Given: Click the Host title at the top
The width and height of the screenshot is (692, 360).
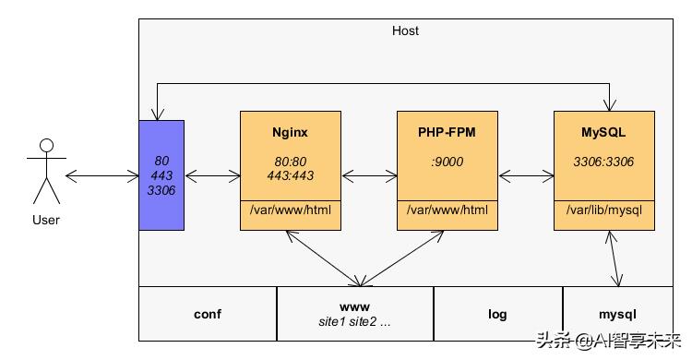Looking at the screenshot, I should tap(405, 30).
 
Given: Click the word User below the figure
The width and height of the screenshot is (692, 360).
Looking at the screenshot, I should tap(45, 220).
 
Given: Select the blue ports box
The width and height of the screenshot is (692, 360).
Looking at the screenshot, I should tap(161, 174).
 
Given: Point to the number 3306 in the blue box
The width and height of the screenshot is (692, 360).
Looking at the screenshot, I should tap(161, 190).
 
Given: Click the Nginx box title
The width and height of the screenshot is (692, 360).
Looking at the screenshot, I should tap(290, 133).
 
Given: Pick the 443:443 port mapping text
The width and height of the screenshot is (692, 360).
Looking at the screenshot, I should tap(290, 175).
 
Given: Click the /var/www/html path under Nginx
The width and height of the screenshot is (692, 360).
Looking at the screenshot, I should tap(290, 211).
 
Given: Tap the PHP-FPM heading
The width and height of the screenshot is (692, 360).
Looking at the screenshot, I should tap(447, 133).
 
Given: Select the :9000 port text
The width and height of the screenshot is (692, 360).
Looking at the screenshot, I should tap(447, 162).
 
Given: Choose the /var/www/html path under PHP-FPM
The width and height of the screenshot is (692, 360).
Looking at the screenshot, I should tap(447, 211).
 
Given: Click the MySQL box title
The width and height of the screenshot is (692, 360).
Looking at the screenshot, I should tap(603, 133).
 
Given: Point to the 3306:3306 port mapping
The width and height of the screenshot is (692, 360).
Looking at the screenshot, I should tap(603, 162).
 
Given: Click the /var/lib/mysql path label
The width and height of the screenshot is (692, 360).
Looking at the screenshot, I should tap(603, 211).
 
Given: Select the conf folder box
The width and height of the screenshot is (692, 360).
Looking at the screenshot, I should tap(208, 314).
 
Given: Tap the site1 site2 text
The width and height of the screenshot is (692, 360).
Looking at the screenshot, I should tap(355, 323).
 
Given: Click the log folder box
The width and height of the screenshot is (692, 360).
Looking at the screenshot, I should tap(497, 314).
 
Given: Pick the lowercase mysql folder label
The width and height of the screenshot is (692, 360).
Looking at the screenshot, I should tap(617, 314).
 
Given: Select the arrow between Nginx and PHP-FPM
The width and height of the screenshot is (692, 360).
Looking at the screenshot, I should tap(369, 174).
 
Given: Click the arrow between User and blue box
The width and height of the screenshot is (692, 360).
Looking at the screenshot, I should tap(101, 174).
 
